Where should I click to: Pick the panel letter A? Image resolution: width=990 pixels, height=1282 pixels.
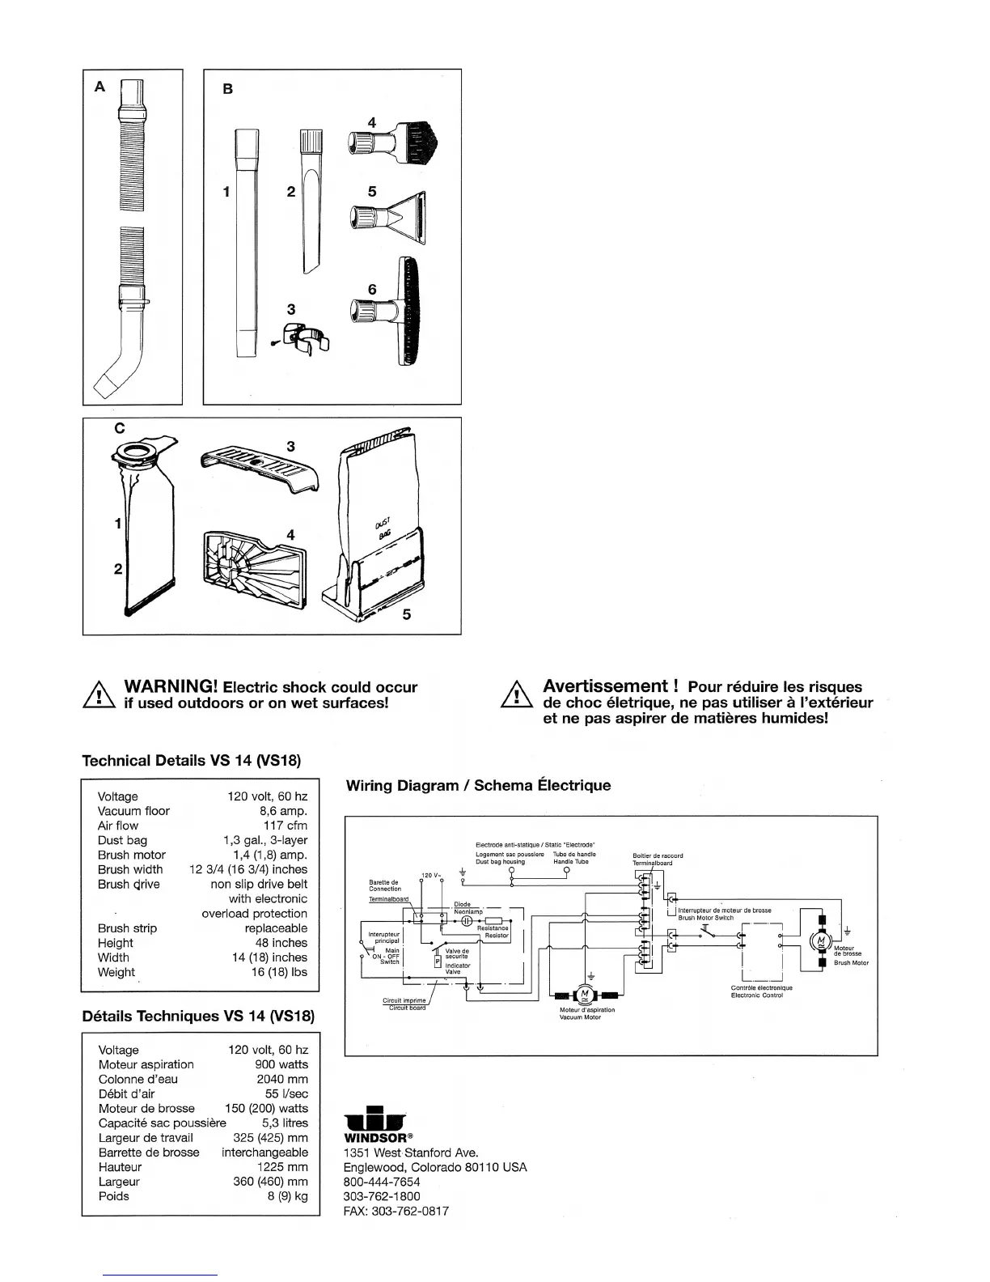pyautogui.click(x=99, y=86)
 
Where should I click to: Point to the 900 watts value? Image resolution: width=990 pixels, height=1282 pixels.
pyautogui.click(x=281, y=1064)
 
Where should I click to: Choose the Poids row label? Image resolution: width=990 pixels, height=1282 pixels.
pyautogui.click(x=114, y=1195)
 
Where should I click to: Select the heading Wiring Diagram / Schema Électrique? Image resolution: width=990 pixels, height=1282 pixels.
pyautogui.click(x=478, y=785)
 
